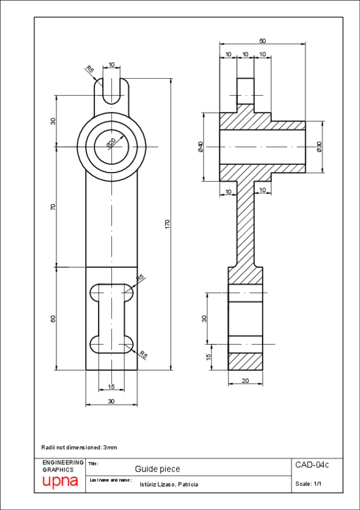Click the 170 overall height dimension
(x=168, y=224)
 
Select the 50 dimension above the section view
(x=263, y=41)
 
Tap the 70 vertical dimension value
(x=53, y=206)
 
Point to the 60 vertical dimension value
(x=53, y=319)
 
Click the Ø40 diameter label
(x=200, y=147)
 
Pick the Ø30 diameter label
(x=319, y=147)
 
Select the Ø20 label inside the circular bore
(x=111, y=143)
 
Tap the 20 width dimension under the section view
(x=245, y=380)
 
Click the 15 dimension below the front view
(x=111, y=386)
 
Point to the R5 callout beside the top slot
(x=90, y=70)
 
